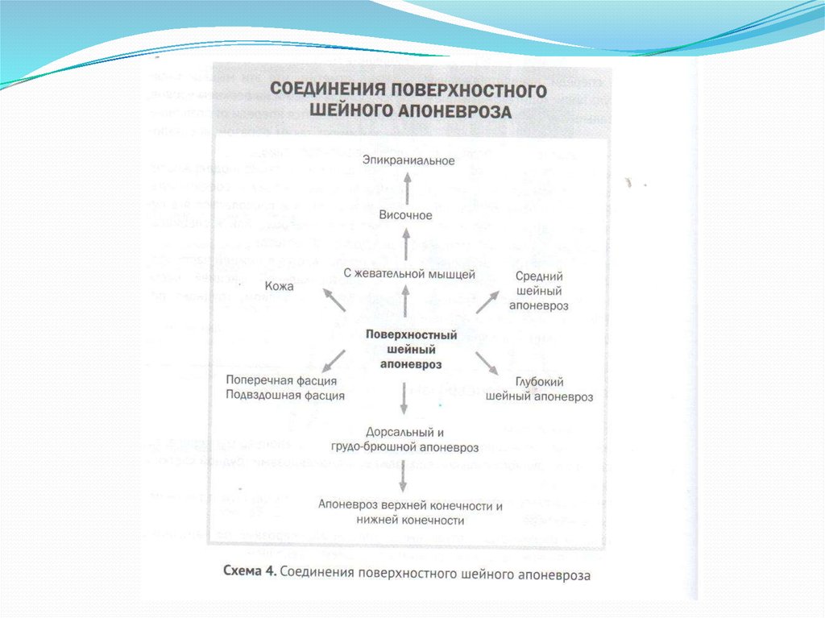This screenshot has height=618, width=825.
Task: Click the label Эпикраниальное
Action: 408,161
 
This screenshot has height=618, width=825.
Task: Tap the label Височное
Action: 406,216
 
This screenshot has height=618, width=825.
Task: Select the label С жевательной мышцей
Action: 409,274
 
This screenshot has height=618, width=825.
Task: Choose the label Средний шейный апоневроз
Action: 538,291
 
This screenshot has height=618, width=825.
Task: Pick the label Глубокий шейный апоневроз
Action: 539,390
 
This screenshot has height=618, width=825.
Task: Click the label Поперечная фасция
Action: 280,380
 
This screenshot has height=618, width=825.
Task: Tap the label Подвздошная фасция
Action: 285,396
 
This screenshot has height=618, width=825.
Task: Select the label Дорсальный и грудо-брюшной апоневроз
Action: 404,440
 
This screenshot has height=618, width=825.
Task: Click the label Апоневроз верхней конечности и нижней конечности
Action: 410,513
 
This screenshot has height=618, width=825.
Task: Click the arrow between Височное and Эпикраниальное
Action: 406,189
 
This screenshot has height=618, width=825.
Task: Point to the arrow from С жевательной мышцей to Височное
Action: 406,244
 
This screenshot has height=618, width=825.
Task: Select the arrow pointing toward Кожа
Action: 334,300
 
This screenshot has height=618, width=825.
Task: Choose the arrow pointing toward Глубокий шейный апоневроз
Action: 487,363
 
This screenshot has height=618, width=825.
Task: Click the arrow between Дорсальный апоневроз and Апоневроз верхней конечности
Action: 404,476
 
